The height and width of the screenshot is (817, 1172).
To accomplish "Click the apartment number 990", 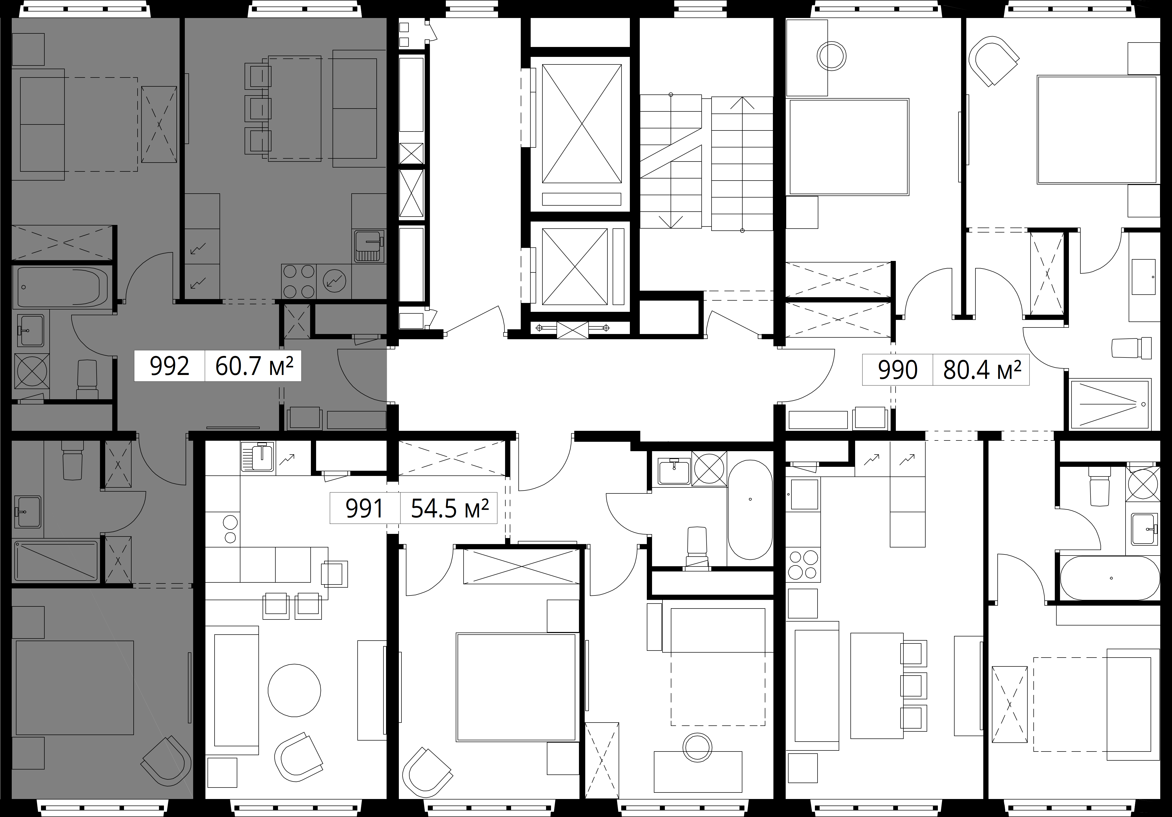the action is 897,370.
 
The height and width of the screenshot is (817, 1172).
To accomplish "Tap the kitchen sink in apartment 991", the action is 258,457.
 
